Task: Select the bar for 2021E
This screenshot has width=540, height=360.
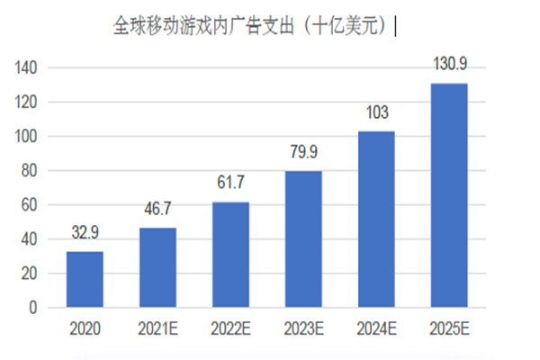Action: click(x=157, y=267)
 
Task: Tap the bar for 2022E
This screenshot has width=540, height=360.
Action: click(x=230, y=255)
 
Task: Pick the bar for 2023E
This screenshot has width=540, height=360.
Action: click(x=303, y=239)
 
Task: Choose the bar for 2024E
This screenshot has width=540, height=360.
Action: click(x=376, y=220)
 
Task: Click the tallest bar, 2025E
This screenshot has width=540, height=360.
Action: click(x=449, y=195)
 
